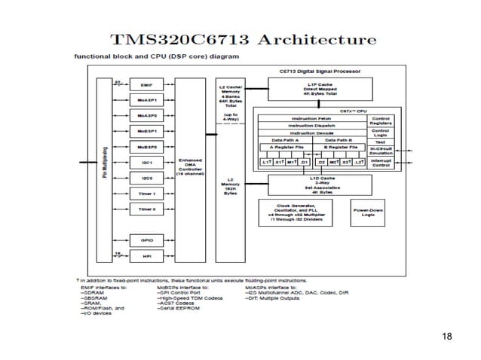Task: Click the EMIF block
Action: click(x=146, y=85)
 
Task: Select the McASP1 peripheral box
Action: click(x=146, y=100)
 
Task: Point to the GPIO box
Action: click(x=146, y=239)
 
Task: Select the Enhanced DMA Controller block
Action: click(x=188, y=166)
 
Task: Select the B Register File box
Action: click(x=340, y=148)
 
